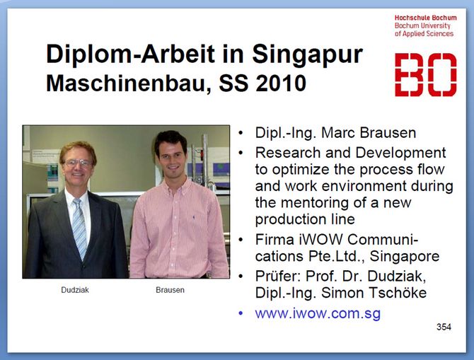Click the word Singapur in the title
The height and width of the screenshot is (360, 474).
click(x=307, y=54)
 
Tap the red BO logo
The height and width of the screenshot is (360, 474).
click(x=425, y=75)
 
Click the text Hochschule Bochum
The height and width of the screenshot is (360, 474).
click(x=425, y=18)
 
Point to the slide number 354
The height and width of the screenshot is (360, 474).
click(x=444, y=327)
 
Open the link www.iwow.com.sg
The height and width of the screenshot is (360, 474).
click(x=318, y=313)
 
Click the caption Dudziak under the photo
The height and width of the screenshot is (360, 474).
click(x=75, y=290)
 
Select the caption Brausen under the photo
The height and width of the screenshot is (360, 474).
click(x=170, y=290)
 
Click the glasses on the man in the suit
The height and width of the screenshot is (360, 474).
click(x=78, y=163)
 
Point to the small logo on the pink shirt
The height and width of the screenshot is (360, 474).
click(x=193, y=217)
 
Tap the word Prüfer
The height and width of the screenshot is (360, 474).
click(x=277, y=276)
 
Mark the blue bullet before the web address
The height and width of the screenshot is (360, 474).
click(x=241, y=313)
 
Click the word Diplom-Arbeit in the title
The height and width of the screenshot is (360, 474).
click(x=130, y=54)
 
